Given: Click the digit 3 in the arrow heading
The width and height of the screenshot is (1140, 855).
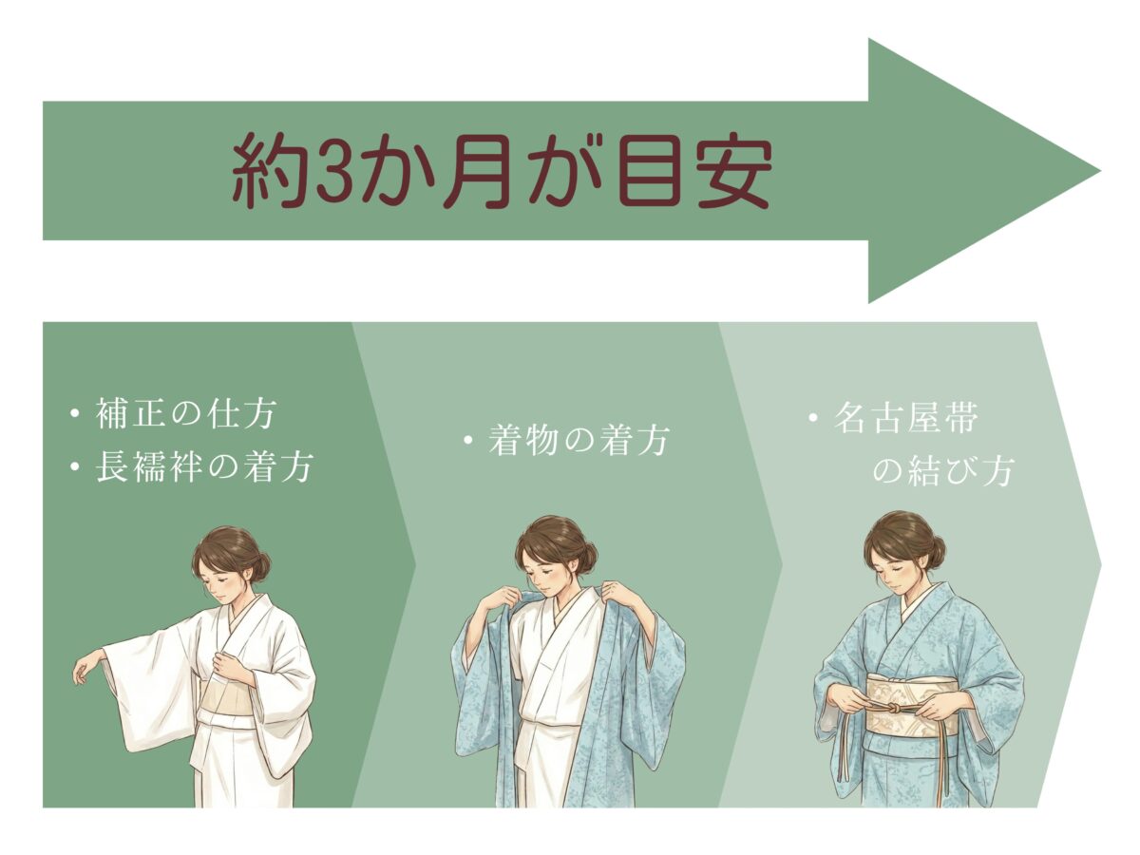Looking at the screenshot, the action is [x=332, y=171].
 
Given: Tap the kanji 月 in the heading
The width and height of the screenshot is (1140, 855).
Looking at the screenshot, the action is [x=474, y=171].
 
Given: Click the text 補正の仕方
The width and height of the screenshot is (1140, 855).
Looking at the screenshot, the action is [x=186, y=414].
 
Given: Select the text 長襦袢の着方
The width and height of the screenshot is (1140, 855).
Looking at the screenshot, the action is [x=204, y=466].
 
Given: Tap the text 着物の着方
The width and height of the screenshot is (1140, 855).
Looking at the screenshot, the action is [x=579, y=441].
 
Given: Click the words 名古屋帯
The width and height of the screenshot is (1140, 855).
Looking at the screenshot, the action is [x=905, y=418].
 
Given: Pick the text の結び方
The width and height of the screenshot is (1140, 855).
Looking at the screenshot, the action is [x=943, y=471].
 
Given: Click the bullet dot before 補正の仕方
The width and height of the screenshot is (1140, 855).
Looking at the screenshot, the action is [x=75, y=414].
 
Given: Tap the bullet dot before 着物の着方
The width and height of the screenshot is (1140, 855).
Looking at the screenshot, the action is [x=468, y=441].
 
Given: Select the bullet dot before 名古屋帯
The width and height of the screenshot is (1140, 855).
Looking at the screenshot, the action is [x=813, y=417].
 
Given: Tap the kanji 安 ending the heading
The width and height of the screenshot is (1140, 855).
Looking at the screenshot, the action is [x=731, y=171].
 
